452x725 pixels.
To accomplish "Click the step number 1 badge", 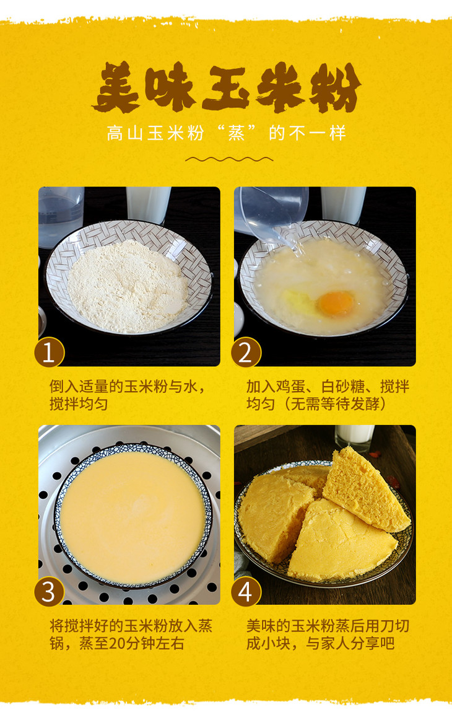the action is [x=49, y=353].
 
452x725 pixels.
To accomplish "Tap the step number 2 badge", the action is [x=246, y=353].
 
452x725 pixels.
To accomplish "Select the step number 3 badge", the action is [x=49, y=592].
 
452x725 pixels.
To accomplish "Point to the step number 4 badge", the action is [x=246, y=592].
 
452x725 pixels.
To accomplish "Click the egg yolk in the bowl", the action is [x=336, y=303].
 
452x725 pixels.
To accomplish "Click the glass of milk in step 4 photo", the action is [x=354, y=437].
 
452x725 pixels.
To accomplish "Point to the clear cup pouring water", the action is [x=272, y=213].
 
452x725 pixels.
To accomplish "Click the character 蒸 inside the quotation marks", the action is [x=236, y=133].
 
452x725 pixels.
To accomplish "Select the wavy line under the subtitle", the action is [x=229, y=159].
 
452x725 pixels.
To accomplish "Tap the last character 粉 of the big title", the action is [x=335, y=88].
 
